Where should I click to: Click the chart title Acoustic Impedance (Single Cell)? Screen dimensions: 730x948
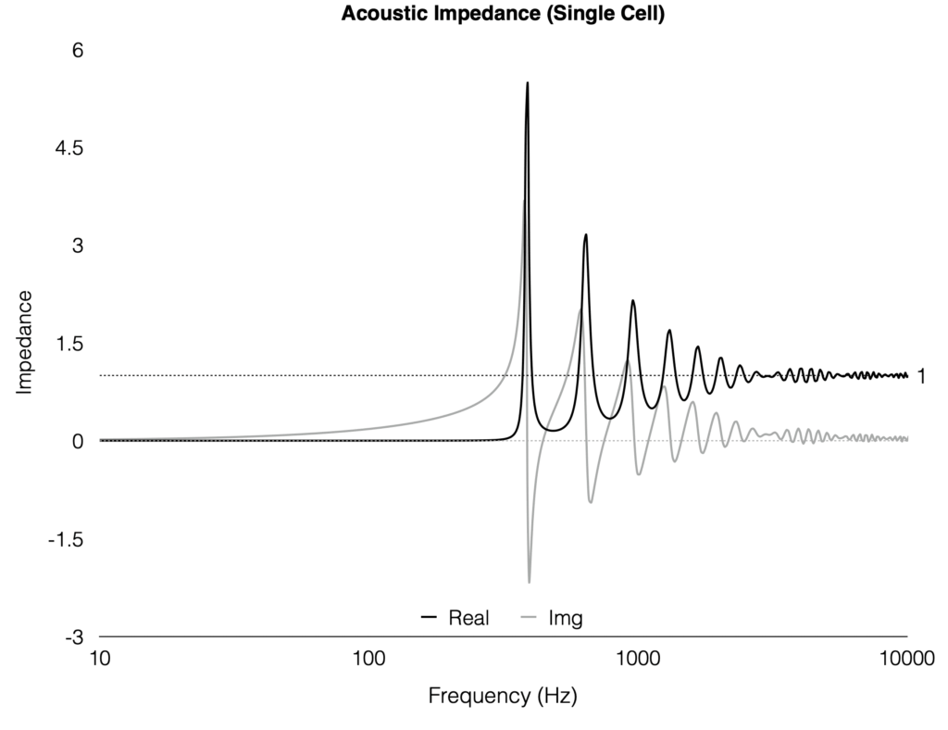pyautogui.click(x=503, y=15)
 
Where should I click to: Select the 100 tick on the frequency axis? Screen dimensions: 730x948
pyautogui.click(x=368, y=660)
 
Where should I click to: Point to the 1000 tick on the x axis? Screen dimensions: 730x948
pyautogui.click(x=637, y=660)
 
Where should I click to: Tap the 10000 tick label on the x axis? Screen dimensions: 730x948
pyautogui.click(x=904, y=660)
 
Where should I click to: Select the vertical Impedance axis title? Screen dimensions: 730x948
pyautogui.click(x=24, y=343)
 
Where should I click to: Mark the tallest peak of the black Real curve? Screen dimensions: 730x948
pyautogui.click(x=527, y=83)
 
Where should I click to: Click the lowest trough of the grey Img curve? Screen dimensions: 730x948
pyautogui.click(x=530, y=582)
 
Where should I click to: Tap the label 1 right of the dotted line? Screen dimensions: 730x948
pyautogui.click(x=922, y=376)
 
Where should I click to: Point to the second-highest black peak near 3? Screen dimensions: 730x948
pyautogui.click(x=585, y=235)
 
